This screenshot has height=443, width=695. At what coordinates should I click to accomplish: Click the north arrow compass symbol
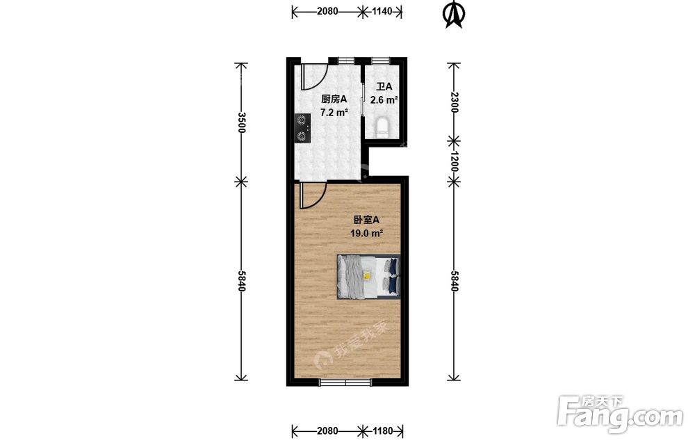453,15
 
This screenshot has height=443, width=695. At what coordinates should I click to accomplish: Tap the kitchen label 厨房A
334,99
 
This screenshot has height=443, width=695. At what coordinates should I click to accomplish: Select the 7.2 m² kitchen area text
334,113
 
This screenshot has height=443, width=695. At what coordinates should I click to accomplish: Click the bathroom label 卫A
384,87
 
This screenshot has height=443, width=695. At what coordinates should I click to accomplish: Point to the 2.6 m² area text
384,100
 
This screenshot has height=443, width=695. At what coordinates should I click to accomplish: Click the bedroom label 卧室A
366,220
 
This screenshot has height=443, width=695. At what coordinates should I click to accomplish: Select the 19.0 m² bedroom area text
366,233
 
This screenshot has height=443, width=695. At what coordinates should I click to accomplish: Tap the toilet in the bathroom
382,127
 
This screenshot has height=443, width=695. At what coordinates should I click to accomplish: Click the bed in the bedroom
368,277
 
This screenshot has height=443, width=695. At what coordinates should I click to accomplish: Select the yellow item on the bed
367,276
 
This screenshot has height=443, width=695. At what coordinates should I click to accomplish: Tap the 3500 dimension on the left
241,122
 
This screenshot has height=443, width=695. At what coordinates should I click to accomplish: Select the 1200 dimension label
453,161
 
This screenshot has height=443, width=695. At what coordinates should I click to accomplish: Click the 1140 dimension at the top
382,12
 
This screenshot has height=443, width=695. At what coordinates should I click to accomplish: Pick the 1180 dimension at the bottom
382,430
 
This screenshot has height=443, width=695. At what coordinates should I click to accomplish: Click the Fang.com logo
620,413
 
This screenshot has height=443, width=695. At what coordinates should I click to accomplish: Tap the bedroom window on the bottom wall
345,382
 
